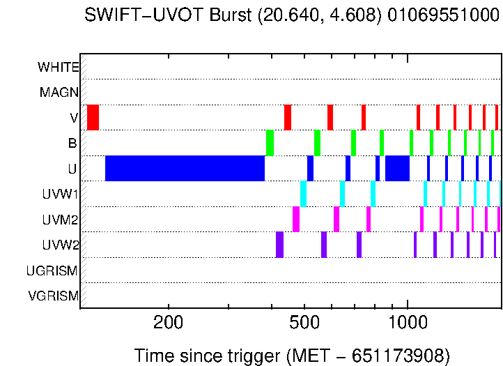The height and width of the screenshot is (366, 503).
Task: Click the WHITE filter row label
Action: tap(59, 67)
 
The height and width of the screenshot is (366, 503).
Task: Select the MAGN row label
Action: tap(59, 93)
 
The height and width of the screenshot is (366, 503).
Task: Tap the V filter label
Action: tap(73, 118)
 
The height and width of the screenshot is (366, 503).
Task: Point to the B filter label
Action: tap(72, 144)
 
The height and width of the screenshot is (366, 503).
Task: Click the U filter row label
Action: tap(72, 169)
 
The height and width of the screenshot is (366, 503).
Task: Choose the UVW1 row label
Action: tap(61, 195)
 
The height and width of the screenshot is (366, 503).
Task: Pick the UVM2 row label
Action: tap(61, 220)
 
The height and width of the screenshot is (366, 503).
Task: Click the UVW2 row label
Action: tap(61, 245)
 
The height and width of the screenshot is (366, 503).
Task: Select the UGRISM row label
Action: tap(52, 270)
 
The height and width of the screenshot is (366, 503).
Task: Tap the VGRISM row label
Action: tap(53, 296)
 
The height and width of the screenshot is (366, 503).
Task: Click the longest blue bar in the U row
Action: tap(185, 169)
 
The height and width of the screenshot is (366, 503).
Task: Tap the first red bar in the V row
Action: tap(93, 117)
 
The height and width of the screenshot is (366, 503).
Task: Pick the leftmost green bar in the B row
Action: tap(270, 143)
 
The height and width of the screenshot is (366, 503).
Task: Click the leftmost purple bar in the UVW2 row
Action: tap(279, 245)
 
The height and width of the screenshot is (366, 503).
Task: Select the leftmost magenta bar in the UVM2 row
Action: tap(296, 219)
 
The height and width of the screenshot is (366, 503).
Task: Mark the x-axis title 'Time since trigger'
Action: tap(208, 356)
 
